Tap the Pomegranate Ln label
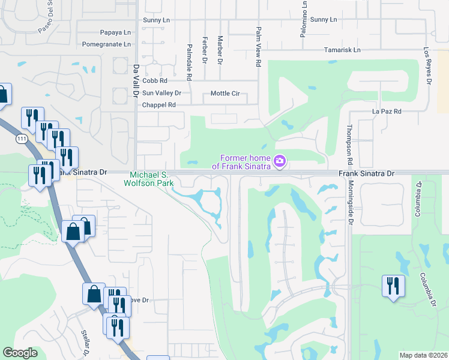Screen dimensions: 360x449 point(106,44)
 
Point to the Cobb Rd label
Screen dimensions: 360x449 point(154,80)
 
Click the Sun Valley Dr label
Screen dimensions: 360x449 point(161,93)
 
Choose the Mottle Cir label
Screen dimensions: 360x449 point(225,93)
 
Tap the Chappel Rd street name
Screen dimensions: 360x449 point(158,105)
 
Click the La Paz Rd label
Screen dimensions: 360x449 point(387,112)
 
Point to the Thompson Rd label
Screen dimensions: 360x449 point(349,146)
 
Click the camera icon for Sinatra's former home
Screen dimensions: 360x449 point(279,161)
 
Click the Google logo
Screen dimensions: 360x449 point(20,353)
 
